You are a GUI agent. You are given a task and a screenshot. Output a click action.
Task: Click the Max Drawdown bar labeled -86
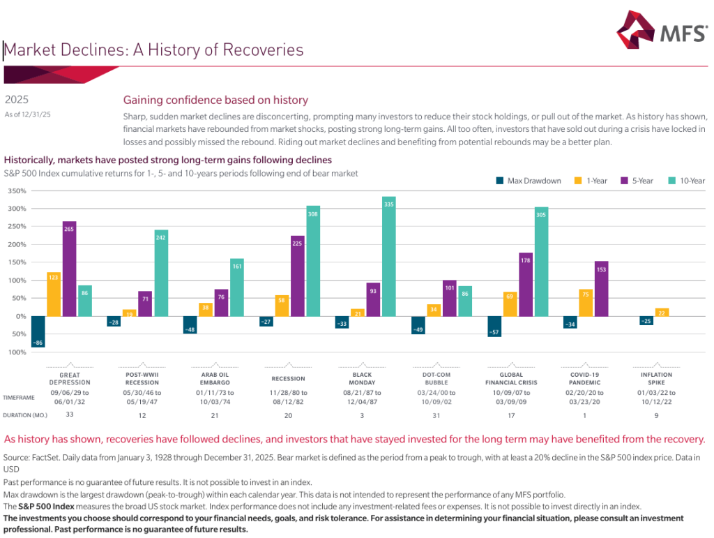[x=38, y=331]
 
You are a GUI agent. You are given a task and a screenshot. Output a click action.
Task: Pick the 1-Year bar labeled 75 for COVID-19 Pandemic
[x=586, y=303]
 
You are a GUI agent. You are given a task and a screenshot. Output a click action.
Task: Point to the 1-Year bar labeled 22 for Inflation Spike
[x=662, y=312]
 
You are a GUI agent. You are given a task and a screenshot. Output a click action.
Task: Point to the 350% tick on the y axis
[x=17, y=190]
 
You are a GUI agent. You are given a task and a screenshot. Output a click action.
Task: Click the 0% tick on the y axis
[x=20, y=316]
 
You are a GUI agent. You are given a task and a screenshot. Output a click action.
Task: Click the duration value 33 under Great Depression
[x=70, y=415]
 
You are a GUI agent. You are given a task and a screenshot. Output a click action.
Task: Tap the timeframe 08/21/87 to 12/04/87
[x=362, y=397]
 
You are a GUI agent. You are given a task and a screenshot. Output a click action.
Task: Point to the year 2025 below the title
[x=17, y=100]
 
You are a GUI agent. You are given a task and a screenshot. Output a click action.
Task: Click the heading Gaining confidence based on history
[x=215, y=100]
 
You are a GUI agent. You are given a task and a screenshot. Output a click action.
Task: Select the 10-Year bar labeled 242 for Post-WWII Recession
[x=161, y=273]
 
